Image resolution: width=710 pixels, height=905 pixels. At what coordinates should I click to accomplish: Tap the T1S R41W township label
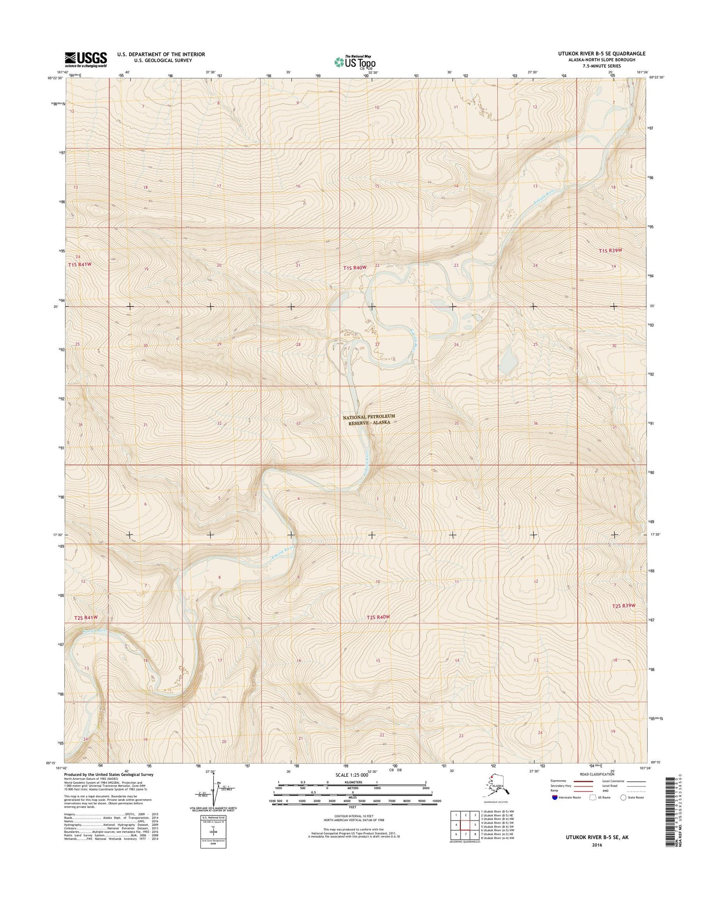click(x=80, y=264)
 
